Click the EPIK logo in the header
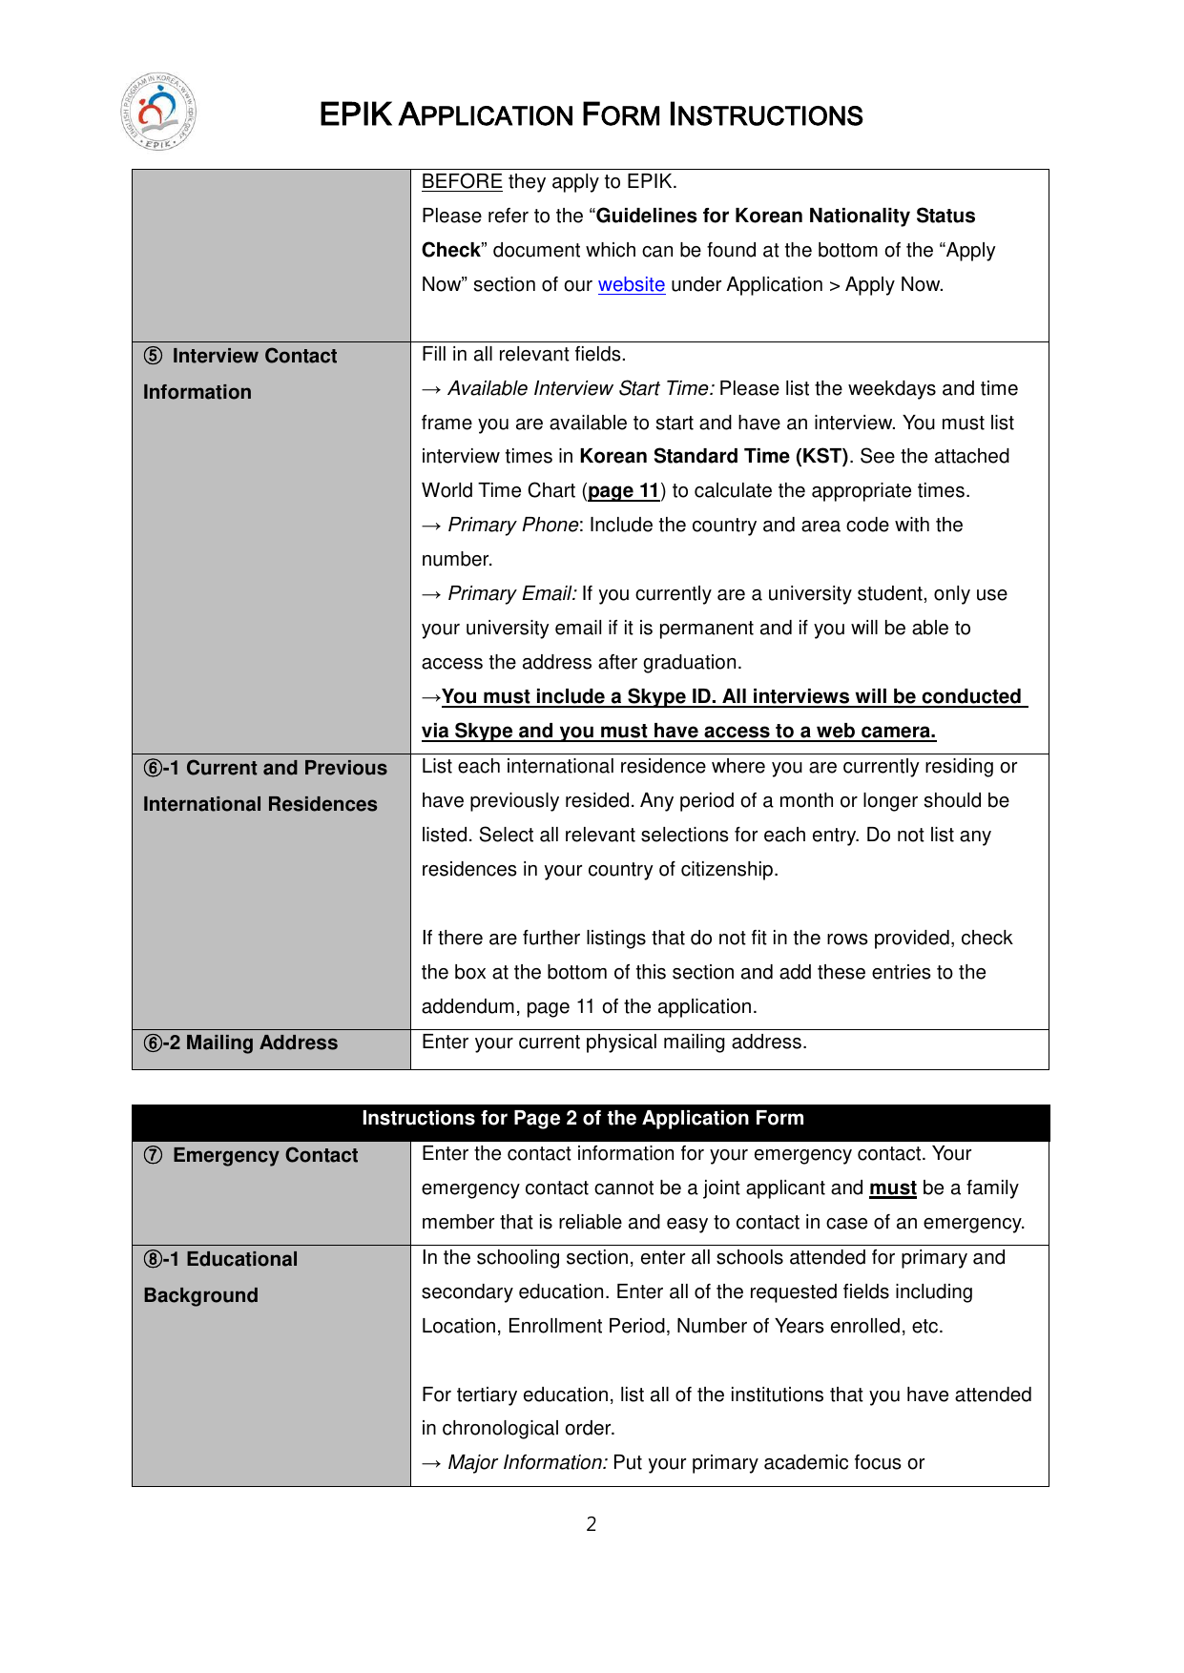(x=158, y=112)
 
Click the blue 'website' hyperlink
(x=631, y=285)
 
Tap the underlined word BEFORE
(x=462, y=182)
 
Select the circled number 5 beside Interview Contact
(x=153, y=357)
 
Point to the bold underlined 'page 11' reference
(x=624, y=491)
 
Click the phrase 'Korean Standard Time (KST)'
(x=714, y=457)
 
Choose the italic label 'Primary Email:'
(x=512, y=594)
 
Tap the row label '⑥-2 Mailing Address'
(x=240, y=1043)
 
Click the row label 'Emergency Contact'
(x=264, y=1156)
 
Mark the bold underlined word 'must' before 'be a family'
(x=892, y=1188)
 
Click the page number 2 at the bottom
(x=592, y=1524)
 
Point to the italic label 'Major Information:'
(x=528, y=1463)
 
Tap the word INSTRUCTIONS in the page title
(x=765, y=115)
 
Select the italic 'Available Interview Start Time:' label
(x=580, y=389)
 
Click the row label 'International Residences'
(x=260, y=805)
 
